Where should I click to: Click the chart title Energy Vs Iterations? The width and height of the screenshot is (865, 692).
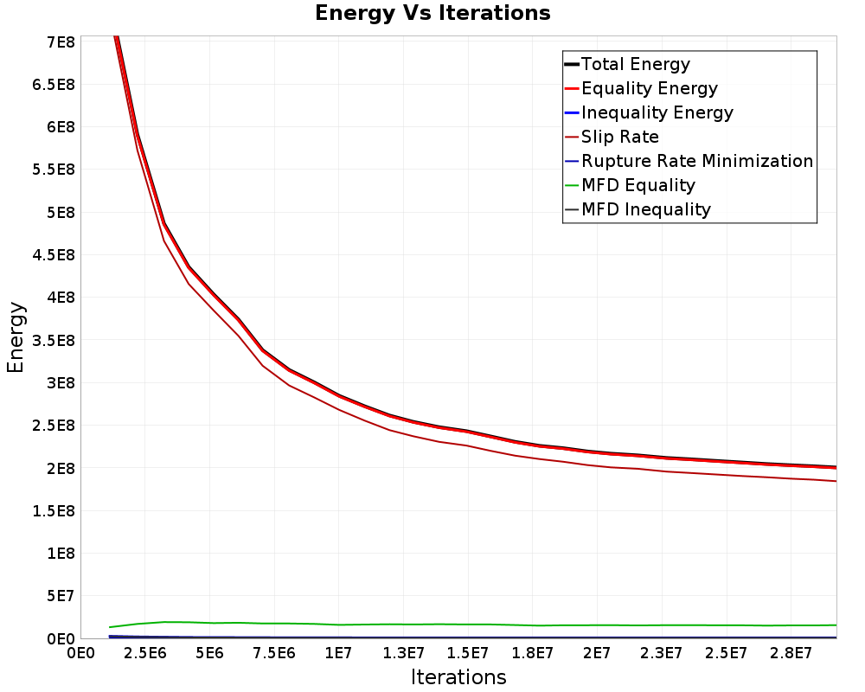(432, 13)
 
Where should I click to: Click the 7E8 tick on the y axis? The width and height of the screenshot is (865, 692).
(61, 42)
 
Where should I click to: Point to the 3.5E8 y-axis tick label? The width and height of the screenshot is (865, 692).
(54, 341)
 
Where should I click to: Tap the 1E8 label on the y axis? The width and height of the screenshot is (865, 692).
(61, 554)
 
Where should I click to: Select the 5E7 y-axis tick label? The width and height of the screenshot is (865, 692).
(61, 596)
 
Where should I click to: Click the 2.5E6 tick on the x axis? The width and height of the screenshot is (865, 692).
(145, 654)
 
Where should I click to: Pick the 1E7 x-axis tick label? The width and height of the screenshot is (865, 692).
(338, 654)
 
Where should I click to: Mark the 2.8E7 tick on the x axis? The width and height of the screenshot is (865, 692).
(791, 654)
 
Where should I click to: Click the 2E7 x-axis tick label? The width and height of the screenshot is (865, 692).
(597, 654)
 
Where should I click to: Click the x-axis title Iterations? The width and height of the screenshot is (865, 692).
(458, 677)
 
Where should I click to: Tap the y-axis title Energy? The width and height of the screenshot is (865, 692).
(16, 337)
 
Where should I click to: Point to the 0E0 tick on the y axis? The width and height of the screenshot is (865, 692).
(61, 639)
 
